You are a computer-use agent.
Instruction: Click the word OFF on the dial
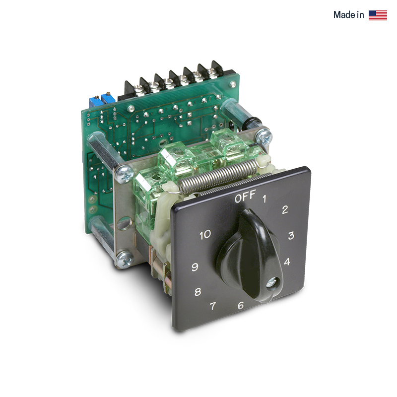[245, 197]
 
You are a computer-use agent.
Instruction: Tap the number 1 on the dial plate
[265, 199]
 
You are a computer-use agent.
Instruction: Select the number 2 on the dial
[285, 209]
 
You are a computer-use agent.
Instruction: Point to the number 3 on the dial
[291, 235]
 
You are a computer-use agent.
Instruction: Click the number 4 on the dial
[287, 262]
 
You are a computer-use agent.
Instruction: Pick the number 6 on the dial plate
[241, 305]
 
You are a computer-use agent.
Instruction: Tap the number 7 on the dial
[213, 306]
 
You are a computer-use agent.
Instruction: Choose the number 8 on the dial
[198, 292]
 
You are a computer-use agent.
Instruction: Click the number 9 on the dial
[195, 267]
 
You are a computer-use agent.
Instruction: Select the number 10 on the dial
[205, 235]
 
